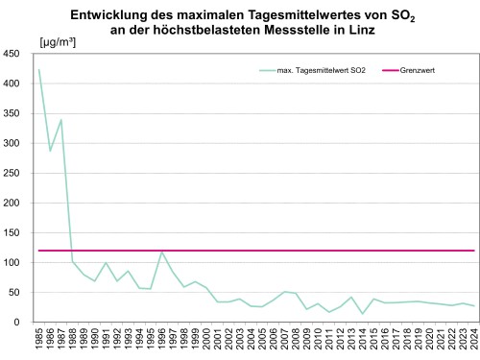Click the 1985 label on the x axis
click(39, 340)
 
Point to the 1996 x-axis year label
click(162, 340)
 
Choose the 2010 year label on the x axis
click(318, 340)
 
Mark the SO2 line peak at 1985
click(39, 70)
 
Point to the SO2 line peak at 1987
click(61, 120)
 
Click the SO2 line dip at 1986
click(50, 151)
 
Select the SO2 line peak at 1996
click(162, 252)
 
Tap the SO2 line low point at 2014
click(363, 314)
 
